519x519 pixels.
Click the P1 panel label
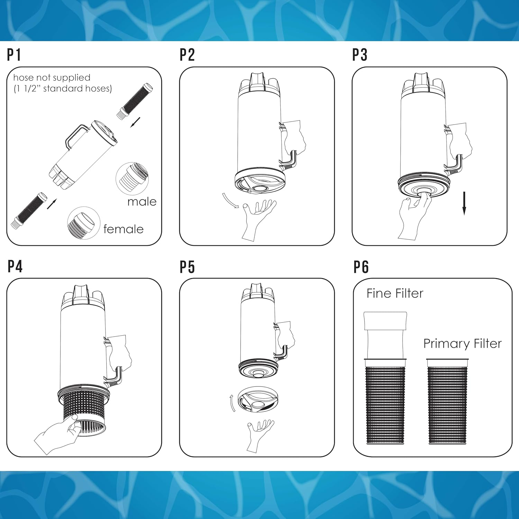coord(14,55)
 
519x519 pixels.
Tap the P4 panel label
coord(15,266)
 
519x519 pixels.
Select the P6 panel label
coord(361,267)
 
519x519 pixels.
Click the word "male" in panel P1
coord(142,201)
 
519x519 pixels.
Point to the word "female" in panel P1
coord(123,229)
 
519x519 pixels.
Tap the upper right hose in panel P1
coord(135,101)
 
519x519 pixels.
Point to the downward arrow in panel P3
coord(464,203)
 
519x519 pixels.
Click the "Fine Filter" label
coord(395,293)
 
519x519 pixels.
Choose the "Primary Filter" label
coord(463,344)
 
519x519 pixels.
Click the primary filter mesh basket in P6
coord(447,401)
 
